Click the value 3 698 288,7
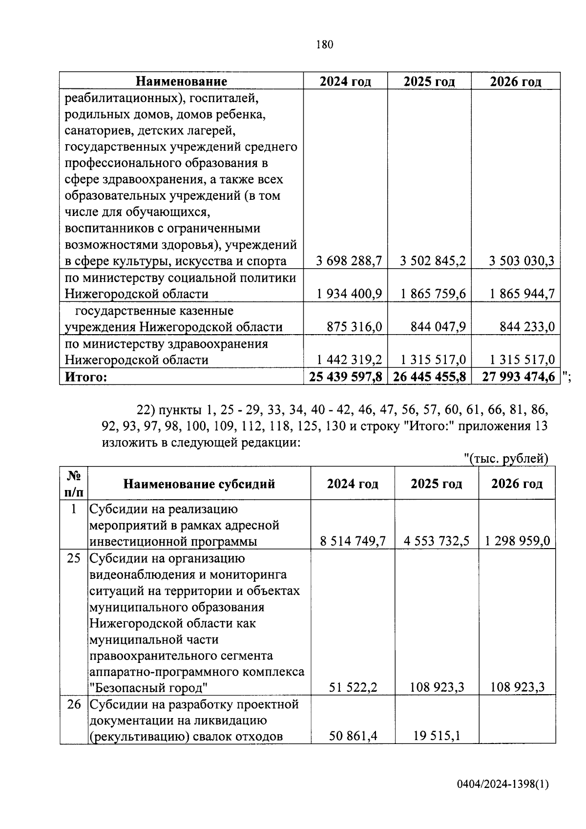click(349, 261)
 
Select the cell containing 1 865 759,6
click(433, 294)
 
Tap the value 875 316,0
click(355, 326)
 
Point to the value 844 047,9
click(438, 326)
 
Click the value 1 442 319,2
click(349, 360)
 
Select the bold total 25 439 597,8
click(345, 377)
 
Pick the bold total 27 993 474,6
click(518, 377)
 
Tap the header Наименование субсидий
click(199, 484)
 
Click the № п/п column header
click(74, 484)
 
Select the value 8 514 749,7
click(353, 541)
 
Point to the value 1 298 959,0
click(518, 541)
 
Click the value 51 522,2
click(353, 687)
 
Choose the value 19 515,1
click(437, 736)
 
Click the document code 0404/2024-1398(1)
click(503, 785)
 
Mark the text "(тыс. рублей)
click(506, 458)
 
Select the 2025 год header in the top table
click(429, 81)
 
